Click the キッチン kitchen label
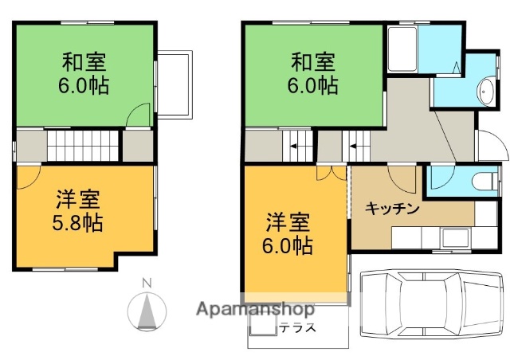pyautogui.click(x=392, y=209)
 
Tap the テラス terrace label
pyautogui.click(x=297, y=327)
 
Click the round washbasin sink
pyautogui.click(x=485, y=91)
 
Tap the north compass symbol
pyautogui.click(x=146, y=311)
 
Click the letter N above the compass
pyautogui.click(x=146, y=283)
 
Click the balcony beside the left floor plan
pyautogui.click(x=175, y=84)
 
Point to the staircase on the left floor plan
pyautogui.click(x=83, y=147)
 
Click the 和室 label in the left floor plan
pyautogui.click(x=84, y=61)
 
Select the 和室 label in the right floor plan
pyautogui.click(x=313, y=61)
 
